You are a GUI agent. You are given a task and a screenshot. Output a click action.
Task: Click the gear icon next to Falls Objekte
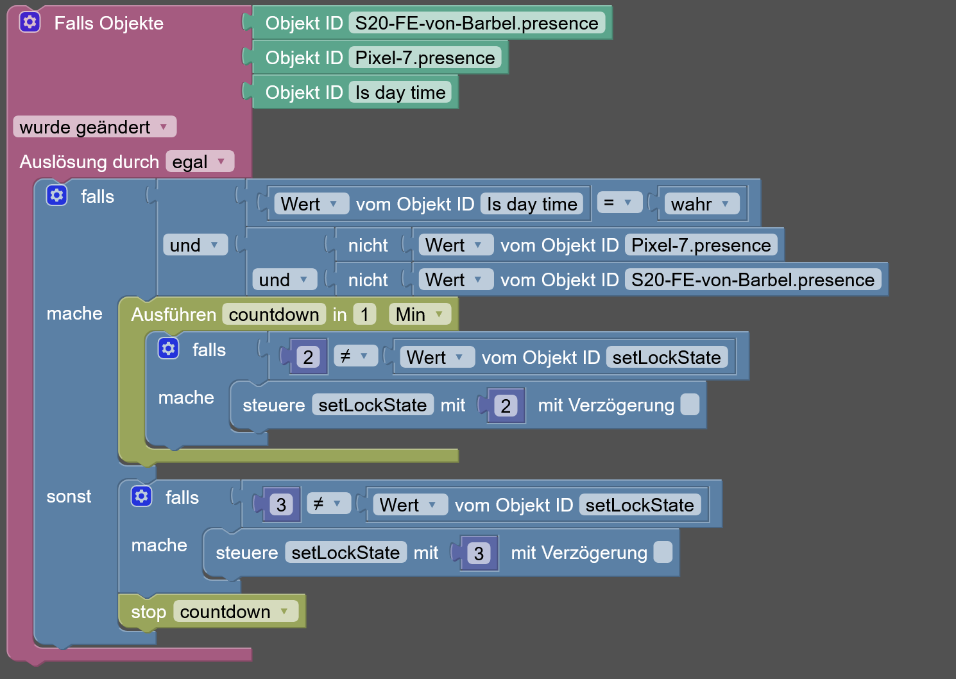click(30, 22)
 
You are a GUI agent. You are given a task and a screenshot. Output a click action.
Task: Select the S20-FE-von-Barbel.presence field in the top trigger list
click(476, 23)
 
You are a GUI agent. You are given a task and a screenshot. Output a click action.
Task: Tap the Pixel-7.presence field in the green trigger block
click(425, 58)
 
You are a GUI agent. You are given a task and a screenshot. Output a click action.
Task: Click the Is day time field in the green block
click(400, 92)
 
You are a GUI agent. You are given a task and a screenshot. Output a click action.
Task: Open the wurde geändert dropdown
click(94, 127)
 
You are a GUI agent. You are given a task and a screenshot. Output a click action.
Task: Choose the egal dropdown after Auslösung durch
click(199, 162)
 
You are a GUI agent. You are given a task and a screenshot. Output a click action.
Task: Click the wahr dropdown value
click(700, 204)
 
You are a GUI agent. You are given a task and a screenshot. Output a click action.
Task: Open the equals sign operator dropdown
click(619, 203)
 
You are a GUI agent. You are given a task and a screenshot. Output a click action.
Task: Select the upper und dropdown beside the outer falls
click(194, 245)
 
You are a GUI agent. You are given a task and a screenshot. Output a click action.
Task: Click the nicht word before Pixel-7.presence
click(368, 245)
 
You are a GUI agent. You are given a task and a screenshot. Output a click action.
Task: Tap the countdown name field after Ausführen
click(274, 314)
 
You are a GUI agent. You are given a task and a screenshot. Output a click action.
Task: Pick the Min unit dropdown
click(419, 314)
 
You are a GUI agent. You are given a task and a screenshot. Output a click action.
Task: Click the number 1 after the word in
click(364, 314)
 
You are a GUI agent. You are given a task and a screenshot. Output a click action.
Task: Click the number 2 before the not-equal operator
click(308, 357)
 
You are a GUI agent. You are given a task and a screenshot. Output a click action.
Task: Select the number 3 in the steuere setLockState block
click(479, 553)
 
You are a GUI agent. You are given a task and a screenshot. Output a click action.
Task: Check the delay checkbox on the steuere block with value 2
click(690, 404)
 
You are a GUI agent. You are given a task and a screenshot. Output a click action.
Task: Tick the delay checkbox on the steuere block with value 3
click(663, 552)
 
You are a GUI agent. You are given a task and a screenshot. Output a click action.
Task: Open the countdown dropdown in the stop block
click(235, 612)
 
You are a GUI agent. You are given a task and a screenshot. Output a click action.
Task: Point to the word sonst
click(69, 497)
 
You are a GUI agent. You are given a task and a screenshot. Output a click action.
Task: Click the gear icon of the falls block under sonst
click(141, 496)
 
